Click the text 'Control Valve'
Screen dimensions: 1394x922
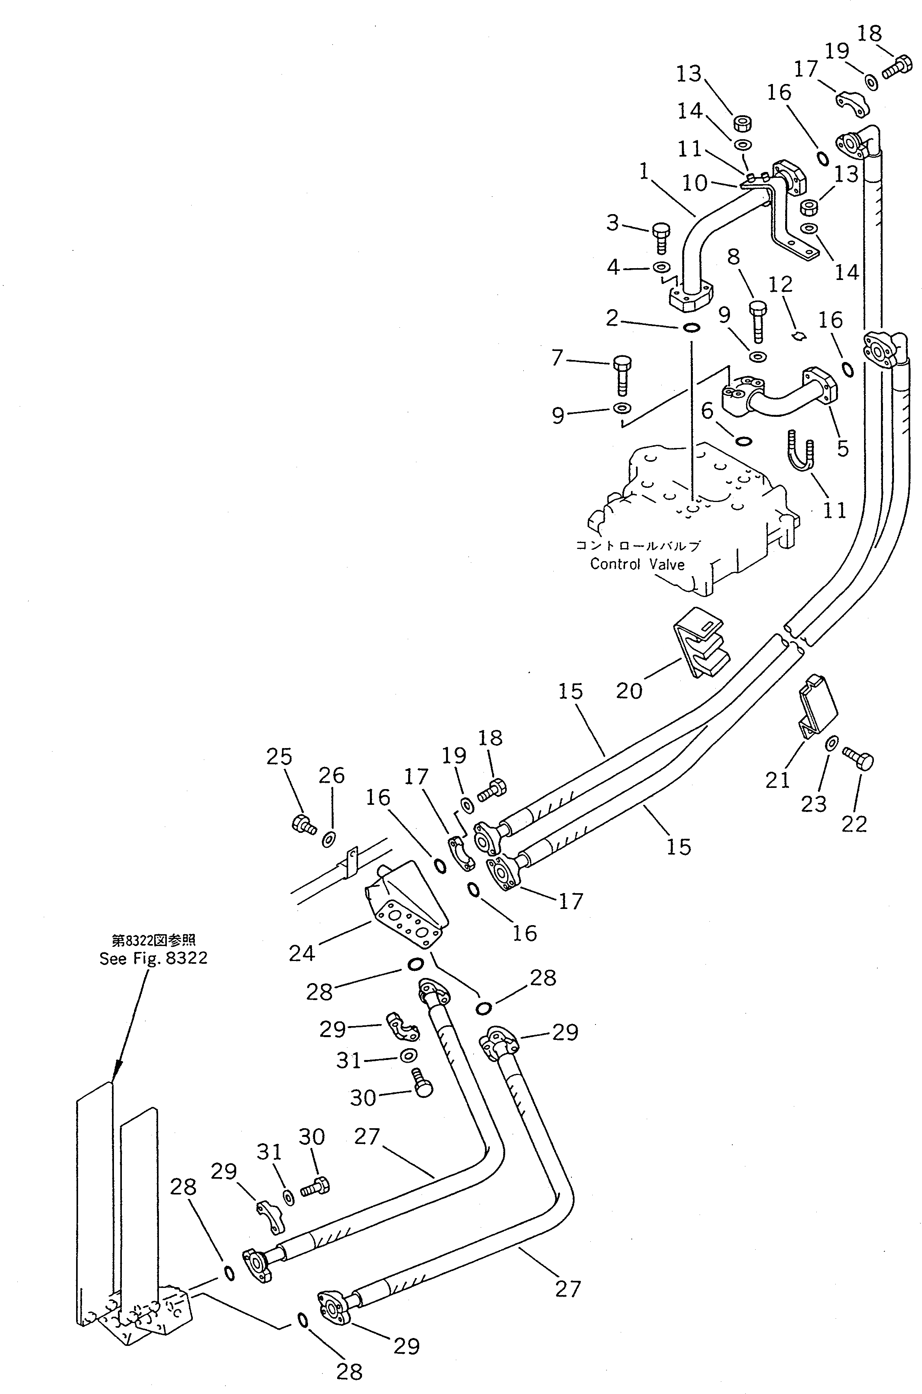click(x=637, y=564)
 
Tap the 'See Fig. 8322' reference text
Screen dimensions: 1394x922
click(x=153, y=958)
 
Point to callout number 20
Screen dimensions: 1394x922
click(x=629, y=690)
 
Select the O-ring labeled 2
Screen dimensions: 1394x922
click(x=692, y=327)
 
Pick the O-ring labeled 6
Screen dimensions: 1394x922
click(x=742, y=440)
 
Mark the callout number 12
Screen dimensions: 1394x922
click(x=781, y=285)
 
